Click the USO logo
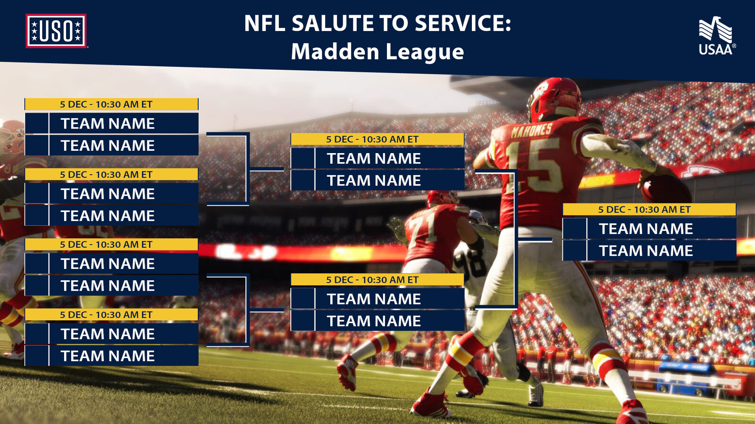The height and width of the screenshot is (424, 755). pyautogui.click(x=56, y=31)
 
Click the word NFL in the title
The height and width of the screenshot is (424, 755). pyautogui.click(x=265, y=23)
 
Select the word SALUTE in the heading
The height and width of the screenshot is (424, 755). pyautogui.click(x=332, y=23)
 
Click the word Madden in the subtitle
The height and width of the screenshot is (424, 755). pyautogui.click(x=335, y=51)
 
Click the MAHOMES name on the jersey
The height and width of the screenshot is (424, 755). pyautogui.click(x=531, y=130)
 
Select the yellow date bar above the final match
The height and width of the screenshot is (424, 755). pyautogui.click(x=649, y=209)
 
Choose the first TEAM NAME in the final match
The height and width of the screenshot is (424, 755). pyautogui.click(x=646, y=229)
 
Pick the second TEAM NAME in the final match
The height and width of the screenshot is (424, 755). pyautogui.click(x=646, y=251)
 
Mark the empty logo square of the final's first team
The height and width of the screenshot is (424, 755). pyautogui.click(x=575, y=228)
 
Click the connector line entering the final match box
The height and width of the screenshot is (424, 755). pyautogui.click(x=535, y=240)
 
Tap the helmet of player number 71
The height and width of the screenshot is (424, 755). pyautogui.click(x=442, y=199)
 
